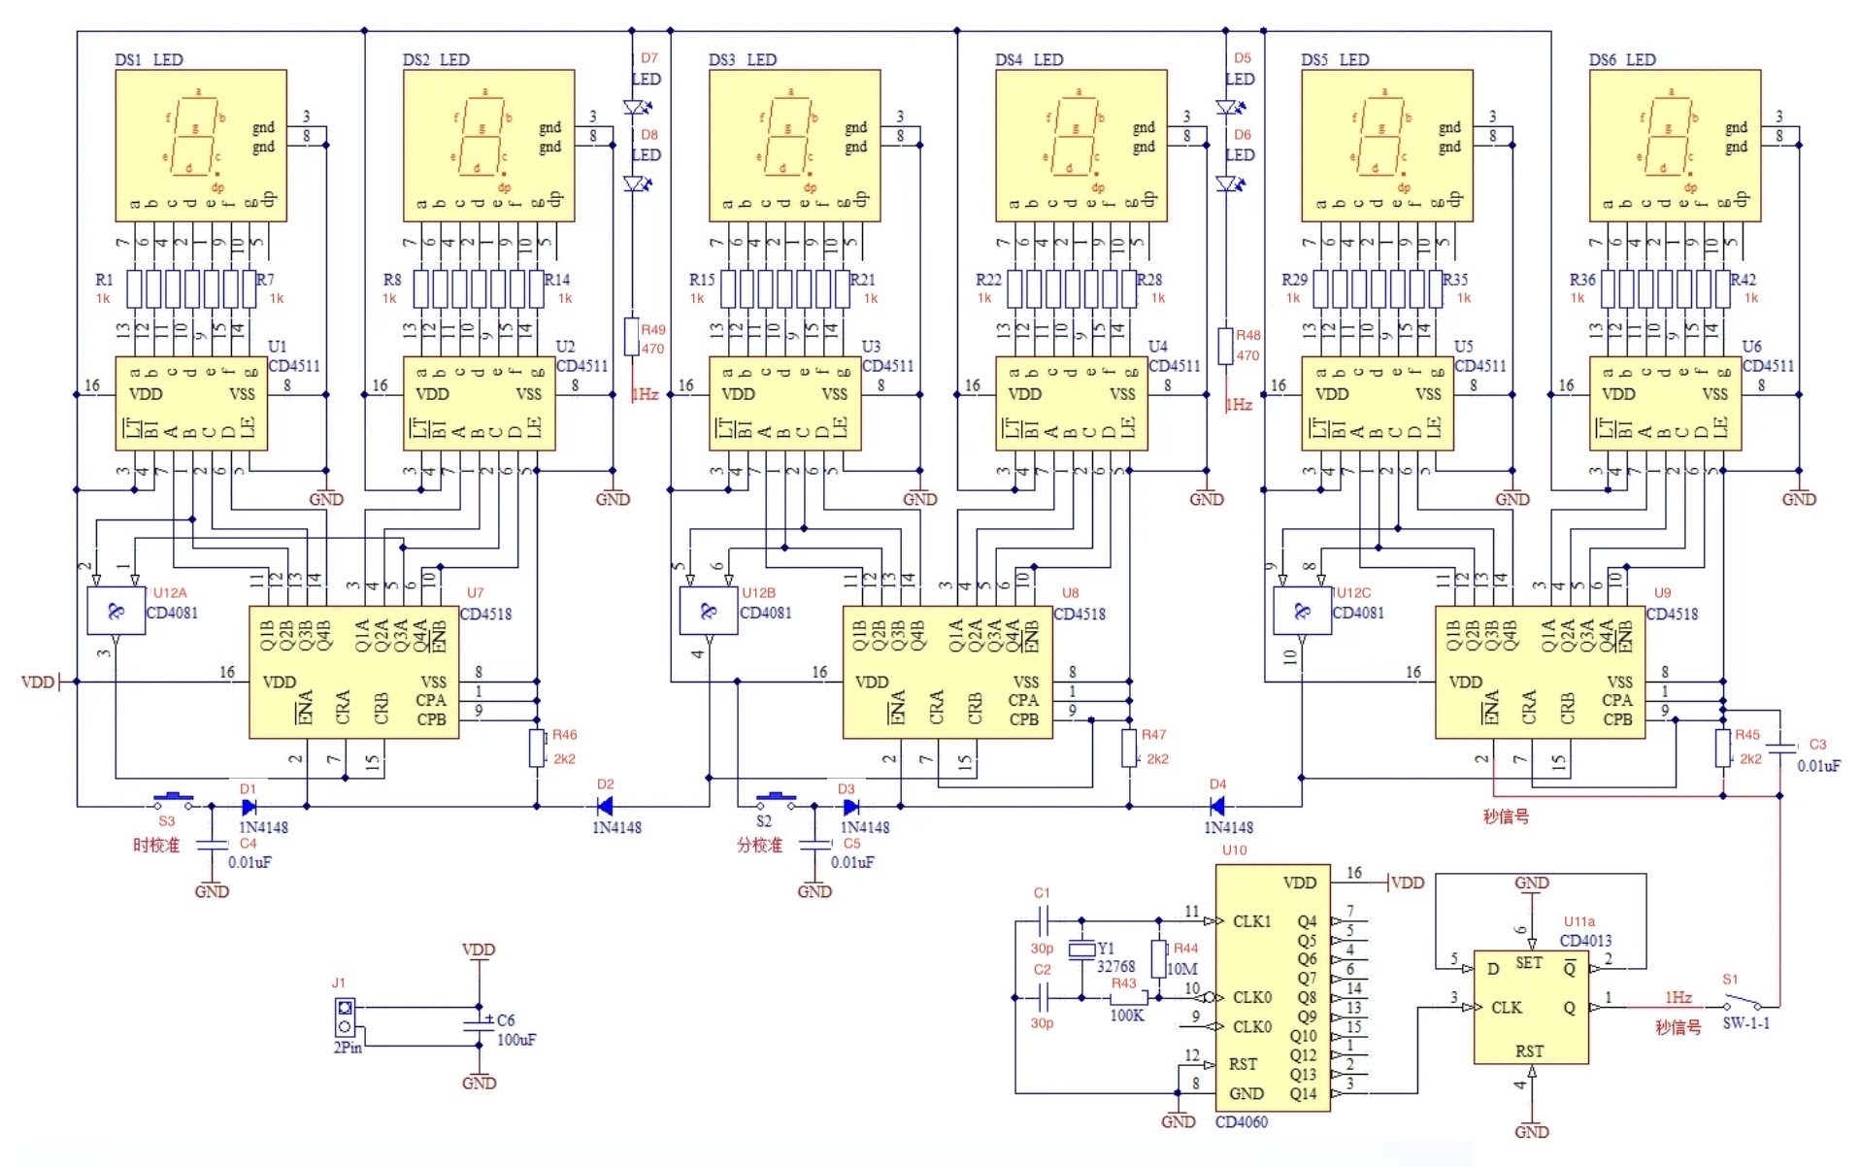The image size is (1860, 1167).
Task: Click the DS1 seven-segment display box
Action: tap(200, 146)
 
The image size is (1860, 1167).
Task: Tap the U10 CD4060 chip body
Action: tap(1272, 988)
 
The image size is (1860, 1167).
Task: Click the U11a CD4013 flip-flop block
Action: tap(1530, 1007)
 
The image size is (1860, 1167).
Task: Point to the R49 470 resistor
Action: tap(632, 337)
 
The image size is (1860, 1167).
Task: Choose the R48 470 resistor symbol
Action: tap(1226, 345)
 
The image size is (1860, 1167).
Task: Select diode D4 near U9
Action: tap(1216, 806)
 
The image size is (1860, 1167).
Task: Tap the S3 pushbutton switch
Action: tap(174, 801)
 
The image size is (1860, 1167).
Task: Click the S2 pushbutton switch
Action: tap(777, 801)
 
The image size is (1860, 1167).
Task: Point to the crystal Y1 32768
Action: tap(1081, 950)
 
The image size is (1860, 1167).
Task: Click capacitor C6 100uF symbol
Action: tap(479, 1025)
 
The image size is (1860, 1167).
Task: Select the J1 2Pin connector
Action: tap(345, 1017)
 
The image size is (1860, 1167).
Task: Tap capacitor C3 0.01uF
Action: tap(1780, 748)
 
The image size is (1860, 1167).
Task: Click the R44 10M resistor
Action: tap(1158, 958)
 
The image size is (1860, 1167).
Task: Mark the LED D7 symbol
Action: tap(637, 107)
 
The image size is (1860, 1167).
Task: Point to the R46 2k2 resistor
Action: tap(537, 748)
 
